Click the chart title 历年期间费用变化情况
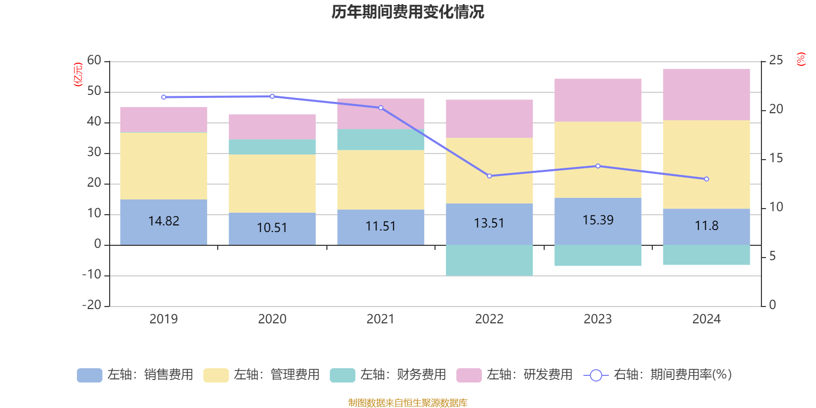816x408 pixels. pos(407,12)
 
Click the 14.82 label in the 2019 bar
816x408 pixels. pos(164,221)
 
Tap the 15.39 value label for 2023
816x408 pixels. pos(598,220)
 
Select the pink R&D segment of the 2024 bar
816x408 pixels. pos(706,94)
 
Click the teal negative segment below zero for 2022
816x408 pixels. pos(489,260)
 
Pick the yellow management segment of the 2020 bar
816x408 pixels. pos(272,184)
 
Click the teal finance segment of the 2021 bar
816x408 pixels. pos(380,139)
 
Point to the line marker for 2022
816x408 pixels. pos(489,176)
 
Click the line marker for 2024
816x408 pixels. pos(706,179)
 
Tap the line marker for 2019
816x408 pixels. pos(164,97)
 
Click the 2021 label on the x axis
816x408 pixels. pos(380,319)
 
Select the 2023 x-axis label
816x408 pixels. pos(598,319)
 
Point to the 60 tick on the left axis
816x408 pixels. pos(94,60)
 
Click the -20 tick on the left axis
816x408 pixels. pos(92,305)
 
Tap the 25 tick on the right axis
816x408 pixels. pos(776,60)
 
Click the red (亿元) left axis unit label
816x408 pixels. pos(78,74)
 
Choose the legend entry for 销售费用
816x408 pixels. pos(135,375)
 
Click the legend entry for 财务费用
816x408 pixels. pos(388,375)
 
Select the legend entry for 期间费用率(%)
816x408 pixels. pos(658,375)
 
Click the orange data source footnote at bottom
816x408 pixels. pos(407,403)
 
